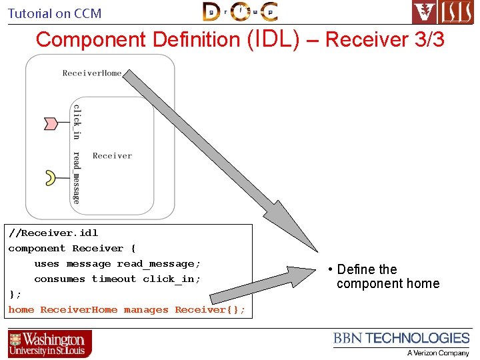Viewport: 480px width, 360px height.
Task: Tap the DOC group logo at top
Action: point(240,11)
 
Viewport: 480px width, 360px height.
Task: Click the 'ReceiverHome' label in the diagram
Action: point(92,73)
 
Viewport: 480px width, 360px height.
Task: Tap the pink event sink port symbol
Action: point(51,123)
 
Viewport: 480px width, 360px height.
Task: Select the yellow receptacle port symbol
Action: point(50,177)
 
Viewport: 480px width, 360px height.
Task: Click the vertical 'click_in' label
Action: point(77,121)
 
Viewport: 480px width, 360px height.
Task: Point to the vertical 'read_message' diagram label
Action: point(77,177)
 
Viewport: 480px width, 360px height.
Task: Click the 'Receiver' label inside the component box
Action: point(112,155)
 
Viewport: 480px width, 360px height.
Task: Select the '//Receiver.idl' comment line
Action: point(53,233)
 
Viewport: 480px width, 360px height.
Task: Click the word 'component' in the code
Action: point(37,248)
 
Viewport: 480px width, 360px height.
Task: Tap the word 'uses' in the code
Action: point(47,263)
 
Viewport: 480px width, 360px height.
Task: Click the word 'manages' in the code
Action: point(146,309)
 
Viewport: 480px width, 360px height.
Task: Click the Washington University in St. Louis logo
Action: point(50,344)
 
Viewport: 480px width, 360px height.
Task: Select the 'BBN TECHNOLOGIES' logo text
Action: point(401,339)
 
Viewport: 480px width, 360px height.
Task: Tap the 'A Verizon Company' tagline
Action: point(438,353)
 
